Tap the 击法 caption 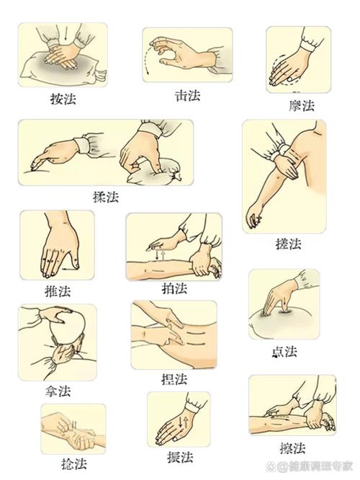(x=188, y=94)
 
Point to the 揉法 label (x=106, y=196)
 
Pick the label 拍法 (x=174, y=288)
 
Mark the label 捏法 (x=174, y=378)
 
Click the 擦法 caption (x=292, y=447)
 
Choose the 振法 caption (x=179, y=457)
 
